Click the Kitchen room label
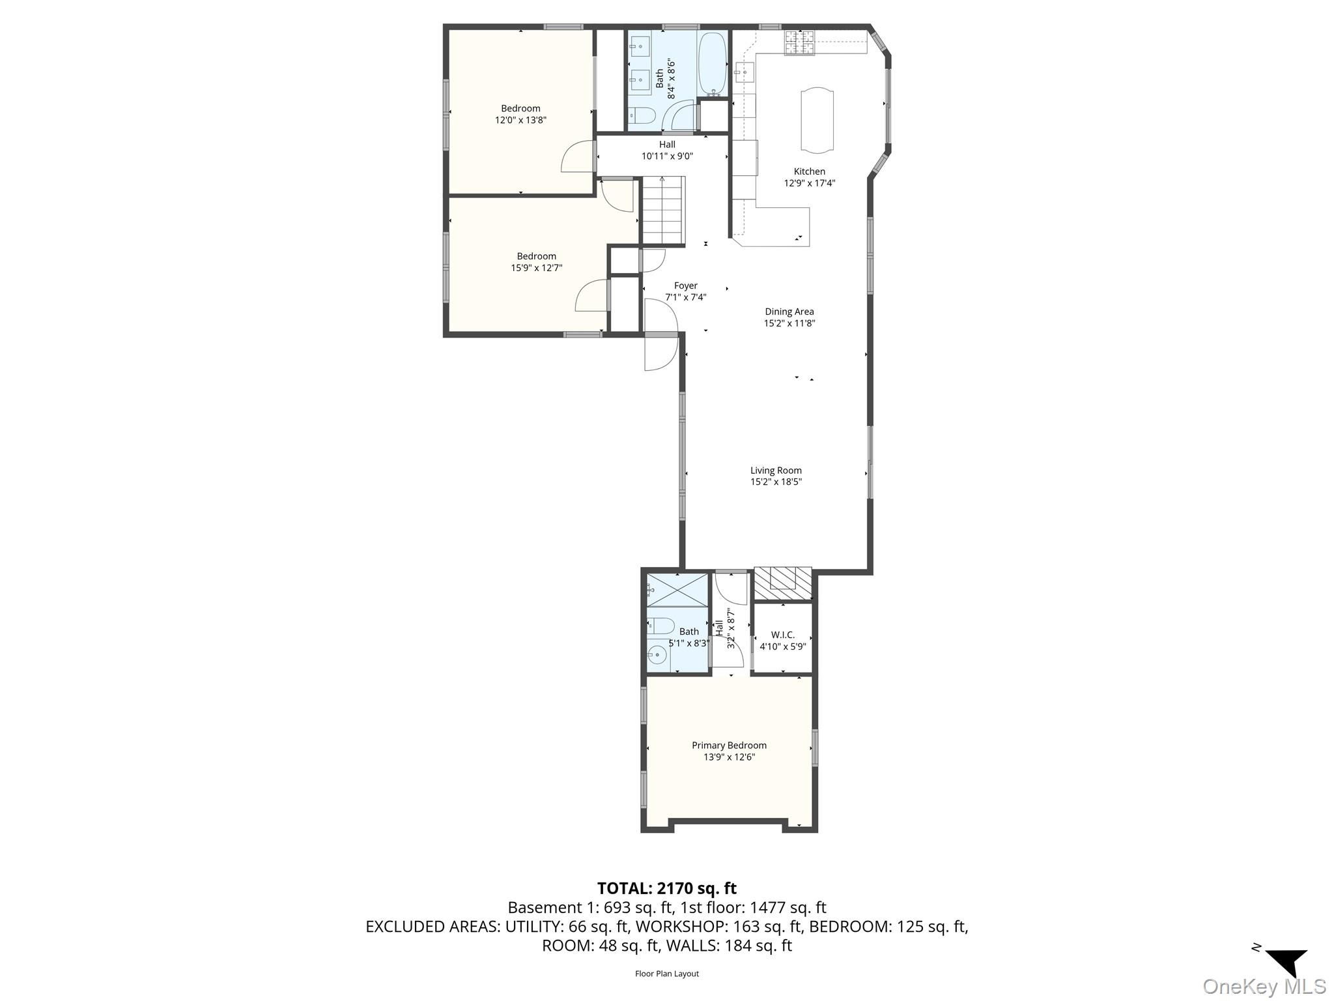click(809, 171)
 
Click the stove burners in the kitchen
click(799, 42)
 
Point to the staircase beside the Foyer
click(663, 210)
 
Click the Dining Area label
click(789, 312)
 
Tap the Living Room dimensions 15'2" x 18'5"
click(776, 482)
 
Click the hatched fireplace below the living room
click(783, 583)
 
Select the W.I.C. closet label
click(782, 635)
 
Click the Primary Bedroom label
click(729, 746)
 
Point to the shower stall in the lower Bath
click(677, 589)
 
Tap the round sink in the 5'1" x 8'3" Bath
click(657, 655)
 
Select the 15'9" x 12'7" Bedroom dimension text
click(536, 268)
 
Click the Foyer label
click(685, 285)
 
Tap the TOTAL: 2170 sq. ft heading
click(666, 888)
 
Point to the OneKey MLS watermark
click(1264, 986)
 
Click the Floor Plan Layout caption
click(666, 974)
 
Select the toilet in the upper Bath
click(642, 116)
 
